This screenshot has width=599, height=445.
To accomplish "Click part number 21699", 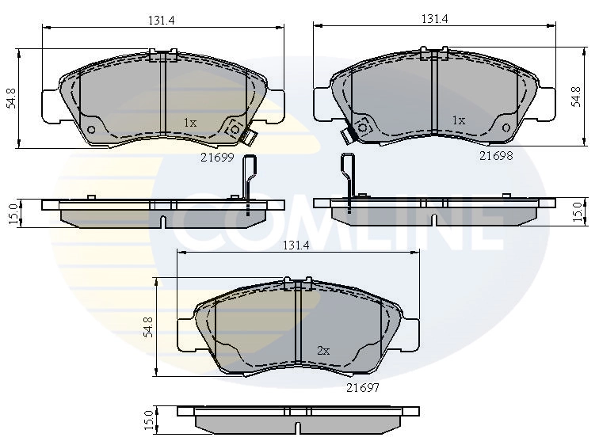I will pos(216,157).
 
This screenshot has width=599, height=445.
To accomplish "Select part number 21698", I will pos(495,156).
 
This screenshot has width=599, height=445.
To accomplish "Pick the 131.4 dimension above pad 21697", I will pos(295,245).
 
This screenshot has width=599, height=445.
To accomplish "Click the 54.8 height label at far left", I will pos(11,98).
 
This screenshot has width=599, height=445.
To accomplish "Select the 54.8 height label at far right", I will pos(576,97).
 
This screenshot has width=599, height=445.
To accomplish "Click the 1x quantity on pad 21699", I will pos(190,123).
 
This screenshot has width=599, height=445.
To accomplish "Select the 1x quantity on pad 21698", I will pos(458,120).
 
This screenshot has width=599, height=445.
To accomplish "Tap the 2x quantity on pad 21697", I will pos(323,350).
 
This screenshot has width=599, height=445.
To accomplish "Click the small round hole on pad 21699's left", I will pos(90,129).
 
